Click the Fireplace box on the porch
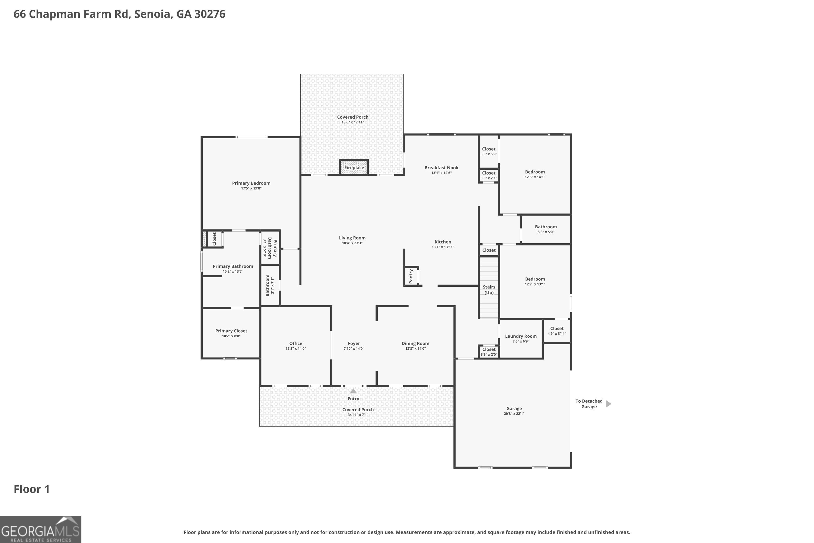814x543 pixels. pos(354,168)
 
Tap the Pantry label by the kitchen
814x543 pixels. pos(411,276)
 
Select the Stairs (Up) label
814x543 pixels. pos(489,289)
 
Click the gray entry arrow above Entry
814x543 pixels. pos(353,391)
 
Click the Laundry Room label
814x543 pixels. pos(520,336)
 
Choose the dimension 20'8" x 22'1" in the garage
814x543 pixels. pos(514,413)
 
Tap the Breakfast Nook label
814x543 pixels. pos(441,168)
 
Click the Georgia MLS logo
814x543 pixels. pos(40,529)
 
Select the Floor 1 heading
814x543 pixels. pos(31,489)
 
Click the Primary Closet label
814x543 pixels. pos(231,331)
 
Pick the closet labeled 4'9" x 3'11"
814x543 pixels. pos(557,331)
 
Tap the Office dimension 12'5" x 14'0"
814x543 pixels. pos(295,348)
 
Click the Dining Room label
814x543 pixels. pos(415,343)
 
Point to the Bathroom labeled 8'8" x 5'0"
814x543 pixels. pos(545,229)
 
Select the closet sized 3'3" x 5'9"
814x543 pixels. pos(488,151)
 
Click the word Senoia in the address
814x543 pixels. pos(152,14)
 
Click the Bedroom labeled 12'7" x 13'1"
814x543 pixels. pos(535,281)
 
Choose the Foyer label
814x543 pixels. pos(354,343)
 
